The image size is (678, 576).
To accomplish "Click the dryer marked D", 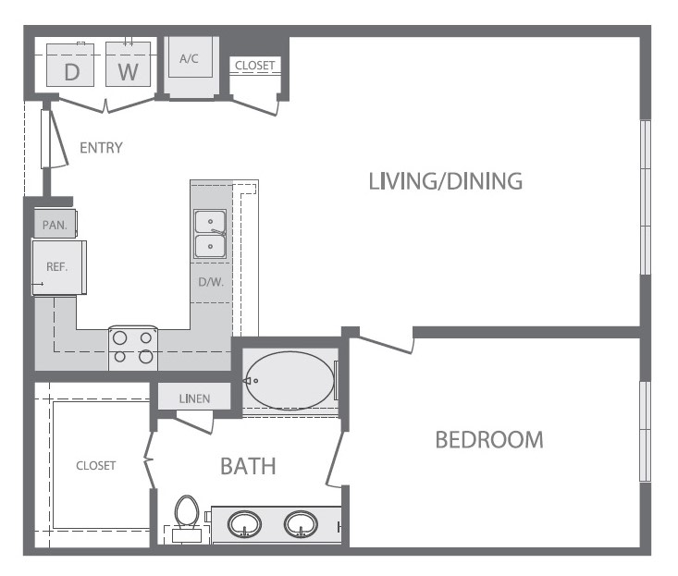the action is (70, 65).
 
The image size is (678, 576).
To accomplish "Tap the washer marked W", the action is (128, 64).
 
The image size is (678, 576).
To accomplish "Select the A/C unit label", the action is (189, 59).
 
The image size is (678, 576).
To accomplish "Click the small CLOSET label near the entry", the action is (254, 66).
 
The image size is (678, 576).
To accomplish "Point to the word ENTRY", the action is (101, 148).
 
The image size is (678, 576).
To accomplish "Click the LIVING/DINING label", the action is (445, 181).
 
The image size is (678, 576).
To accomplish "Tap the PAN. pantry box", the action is (55, 224).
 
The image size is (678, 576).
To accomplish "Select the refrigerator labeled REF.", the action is (59, 267).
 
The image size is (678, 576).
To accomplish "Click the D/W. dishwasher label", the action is (211, 283).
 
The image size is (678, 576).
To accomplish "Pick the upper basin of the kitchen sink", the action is (210, 222).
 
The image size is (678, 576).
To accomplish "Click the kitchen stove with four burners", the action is (133, 349).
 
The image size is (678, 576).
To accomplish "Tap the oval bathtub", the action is (290, 380).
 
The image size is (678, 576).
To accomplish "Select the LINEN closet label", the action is (194, 398).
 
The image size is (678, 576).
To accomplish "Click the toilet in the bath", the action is (186, 518).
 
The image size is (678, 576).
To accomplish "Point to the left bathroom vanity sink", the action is (245, 524).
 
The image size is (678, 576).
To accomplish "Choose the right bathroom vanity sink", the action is (301, 524).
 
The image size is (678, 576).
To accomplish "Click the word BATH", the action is (248, 466).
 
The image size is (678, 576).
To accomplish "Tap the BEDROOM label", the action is (489, 440).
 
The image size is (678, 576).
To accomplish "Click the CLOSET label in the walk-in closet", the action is (96, 465).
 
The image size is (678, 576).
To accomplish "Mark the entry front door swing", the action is (55, 139).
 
